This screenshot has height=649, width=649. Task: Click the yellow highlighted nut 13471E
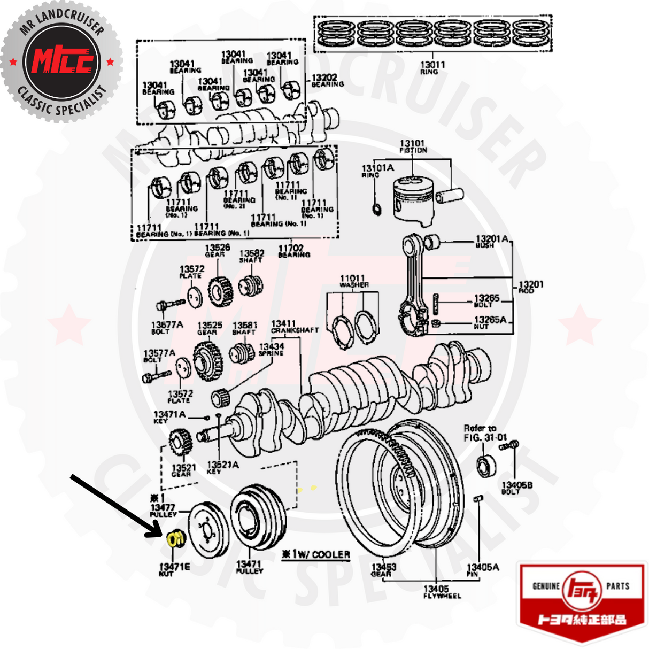pos(175,538)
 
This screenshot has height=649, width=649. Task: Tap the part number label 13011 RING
pos(432,67)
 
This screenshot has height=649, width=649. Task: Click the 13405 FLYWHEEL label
pos(442,591)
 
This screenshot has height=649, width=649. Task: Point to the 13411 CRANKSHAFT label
pos(294,327)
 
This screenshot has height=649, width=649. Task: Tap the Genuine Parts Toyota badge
pos(582,601)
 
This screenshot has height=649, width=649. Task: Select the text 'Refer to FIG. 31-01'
pos(483,432)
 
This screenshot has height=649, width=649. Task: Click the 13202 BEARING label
pos(327,81)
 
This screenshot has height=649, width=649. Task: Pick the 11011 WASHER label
pos(353,281)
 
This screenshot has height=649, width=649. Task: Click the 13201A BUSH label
pos(491,241)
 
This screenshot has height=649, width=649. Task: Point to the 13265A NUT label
pos(489,322)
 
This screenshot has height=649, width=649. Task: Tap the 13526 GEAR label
pos(217,250)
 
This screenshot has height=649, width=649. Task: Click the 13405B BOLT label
pos(516,488)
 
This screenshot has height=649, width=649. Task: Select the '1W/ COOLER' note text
pos(316,554)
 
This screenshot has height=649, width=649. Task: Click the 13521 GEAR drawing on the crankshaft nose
pos(180,442)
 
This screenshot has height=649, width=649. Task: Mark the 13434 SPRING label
pos(272,350)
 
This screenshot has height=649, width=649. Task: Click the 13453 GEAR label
pos(384,570)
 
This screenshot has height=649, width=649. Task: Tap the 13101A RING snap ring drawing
pos(376,208)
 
